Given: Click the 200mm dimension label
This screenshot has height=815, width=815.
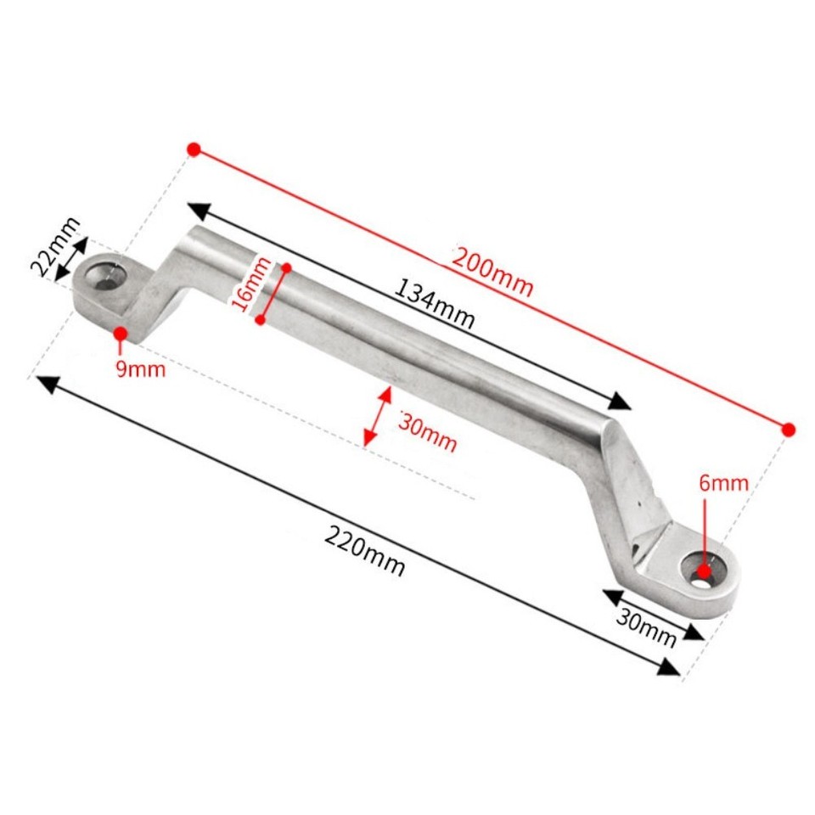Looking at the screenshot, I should pyautogui.click(x=492, y=271).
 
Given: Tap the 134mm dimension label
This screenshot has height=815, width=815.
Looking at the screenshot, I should pyautogui.click(x=434, y=305).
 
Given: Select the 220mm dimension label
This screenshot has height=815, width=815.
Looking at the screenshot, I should pyautogui.click(x=364, y=551).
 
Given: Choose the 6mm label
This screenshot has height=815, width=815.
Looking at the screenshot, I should pyautogui.click(x=723, y=483).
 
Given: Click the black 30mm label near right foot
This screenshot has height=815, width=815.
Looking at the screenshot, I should pyautogui.click(x=646, y=628).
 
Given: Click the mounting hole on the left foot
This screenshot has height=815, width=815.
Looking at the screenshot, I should pyautogui.click(x=106, y=278).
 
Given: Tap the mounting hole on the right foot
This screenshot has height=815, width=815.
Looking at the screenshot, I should pyautogui.click(x=704, y=571).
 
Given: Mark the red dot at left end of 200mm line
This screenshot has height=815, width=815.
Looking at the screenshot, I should pyautogui.click(x=194, y=149).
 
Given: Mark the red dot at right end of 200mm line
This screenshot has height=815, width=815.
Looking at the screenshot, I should pyautogui.click(x=789, y=430).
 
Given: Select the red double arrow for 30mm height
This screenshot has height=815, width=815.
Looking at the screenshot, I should pyautogui.click(x=377, y=416).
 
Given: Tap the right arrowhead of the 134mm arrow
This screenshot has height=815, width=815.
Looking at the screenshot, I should pyautogui.click(x=621, y=402).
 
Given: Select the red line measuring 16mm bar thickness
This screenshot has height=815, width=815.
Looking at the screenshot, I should pyautogui.click(x=273, y=293).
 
